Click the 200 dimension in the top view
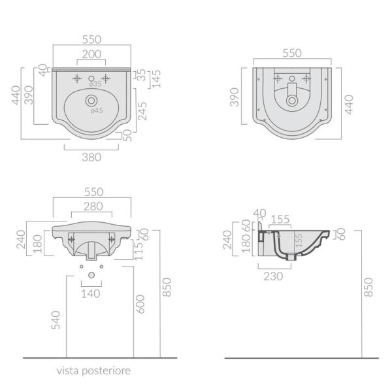tap(91, 54)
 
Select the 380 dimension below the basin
tap(91, 157)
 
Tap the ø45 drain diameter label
tap(97, 110)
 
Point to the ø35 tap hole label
tap(95, 84)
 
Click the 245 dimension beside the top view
tap(142, 111)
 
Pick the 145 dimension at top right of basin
tap(157, 79)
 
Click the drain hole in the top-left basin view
tap(91, 101)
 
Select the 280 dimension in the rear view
tap(93, 206)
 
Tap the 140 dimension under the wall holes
tap(91, 294)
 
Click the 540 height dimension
tap(56, 320)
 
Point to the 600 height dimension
tap(140, 304)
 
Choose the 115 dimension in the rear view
tap(139, 251)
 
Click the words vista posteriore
tap(93, 370)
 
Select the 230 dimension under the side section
tap(273, 276)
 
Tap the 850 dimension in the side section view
tap(368, 287)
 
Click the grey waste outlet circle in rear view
tap(91, 275)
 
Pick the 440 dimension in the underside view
tap(349, 105)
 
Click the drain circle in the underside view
tap(292, 101)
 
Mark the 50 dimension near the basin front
tap(127, 135)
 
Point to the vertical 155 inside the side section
tap(299, 240)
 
